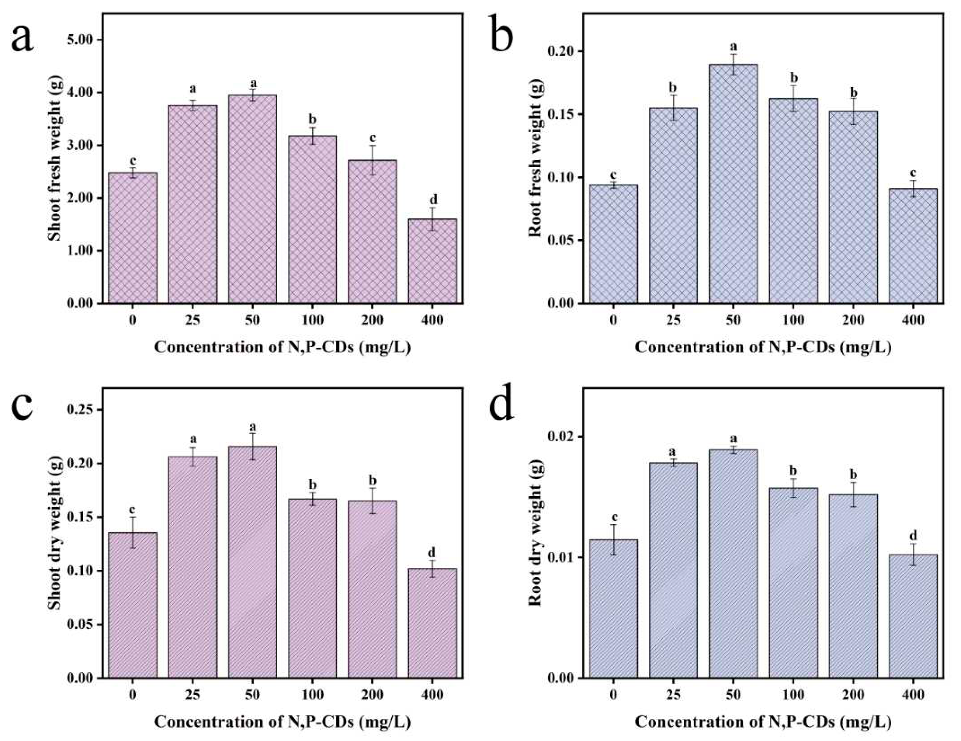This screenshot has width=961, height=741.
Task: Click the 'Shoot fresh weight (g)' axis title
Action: click(55, 159)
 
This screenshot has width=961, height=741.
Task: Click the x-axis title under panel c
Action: click(282, 722)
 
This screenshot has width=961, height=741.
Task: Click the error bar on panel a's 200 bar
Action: click(373, 160)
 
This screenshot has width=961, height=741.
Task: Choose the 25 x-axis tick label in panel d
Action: click(673, 695)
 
